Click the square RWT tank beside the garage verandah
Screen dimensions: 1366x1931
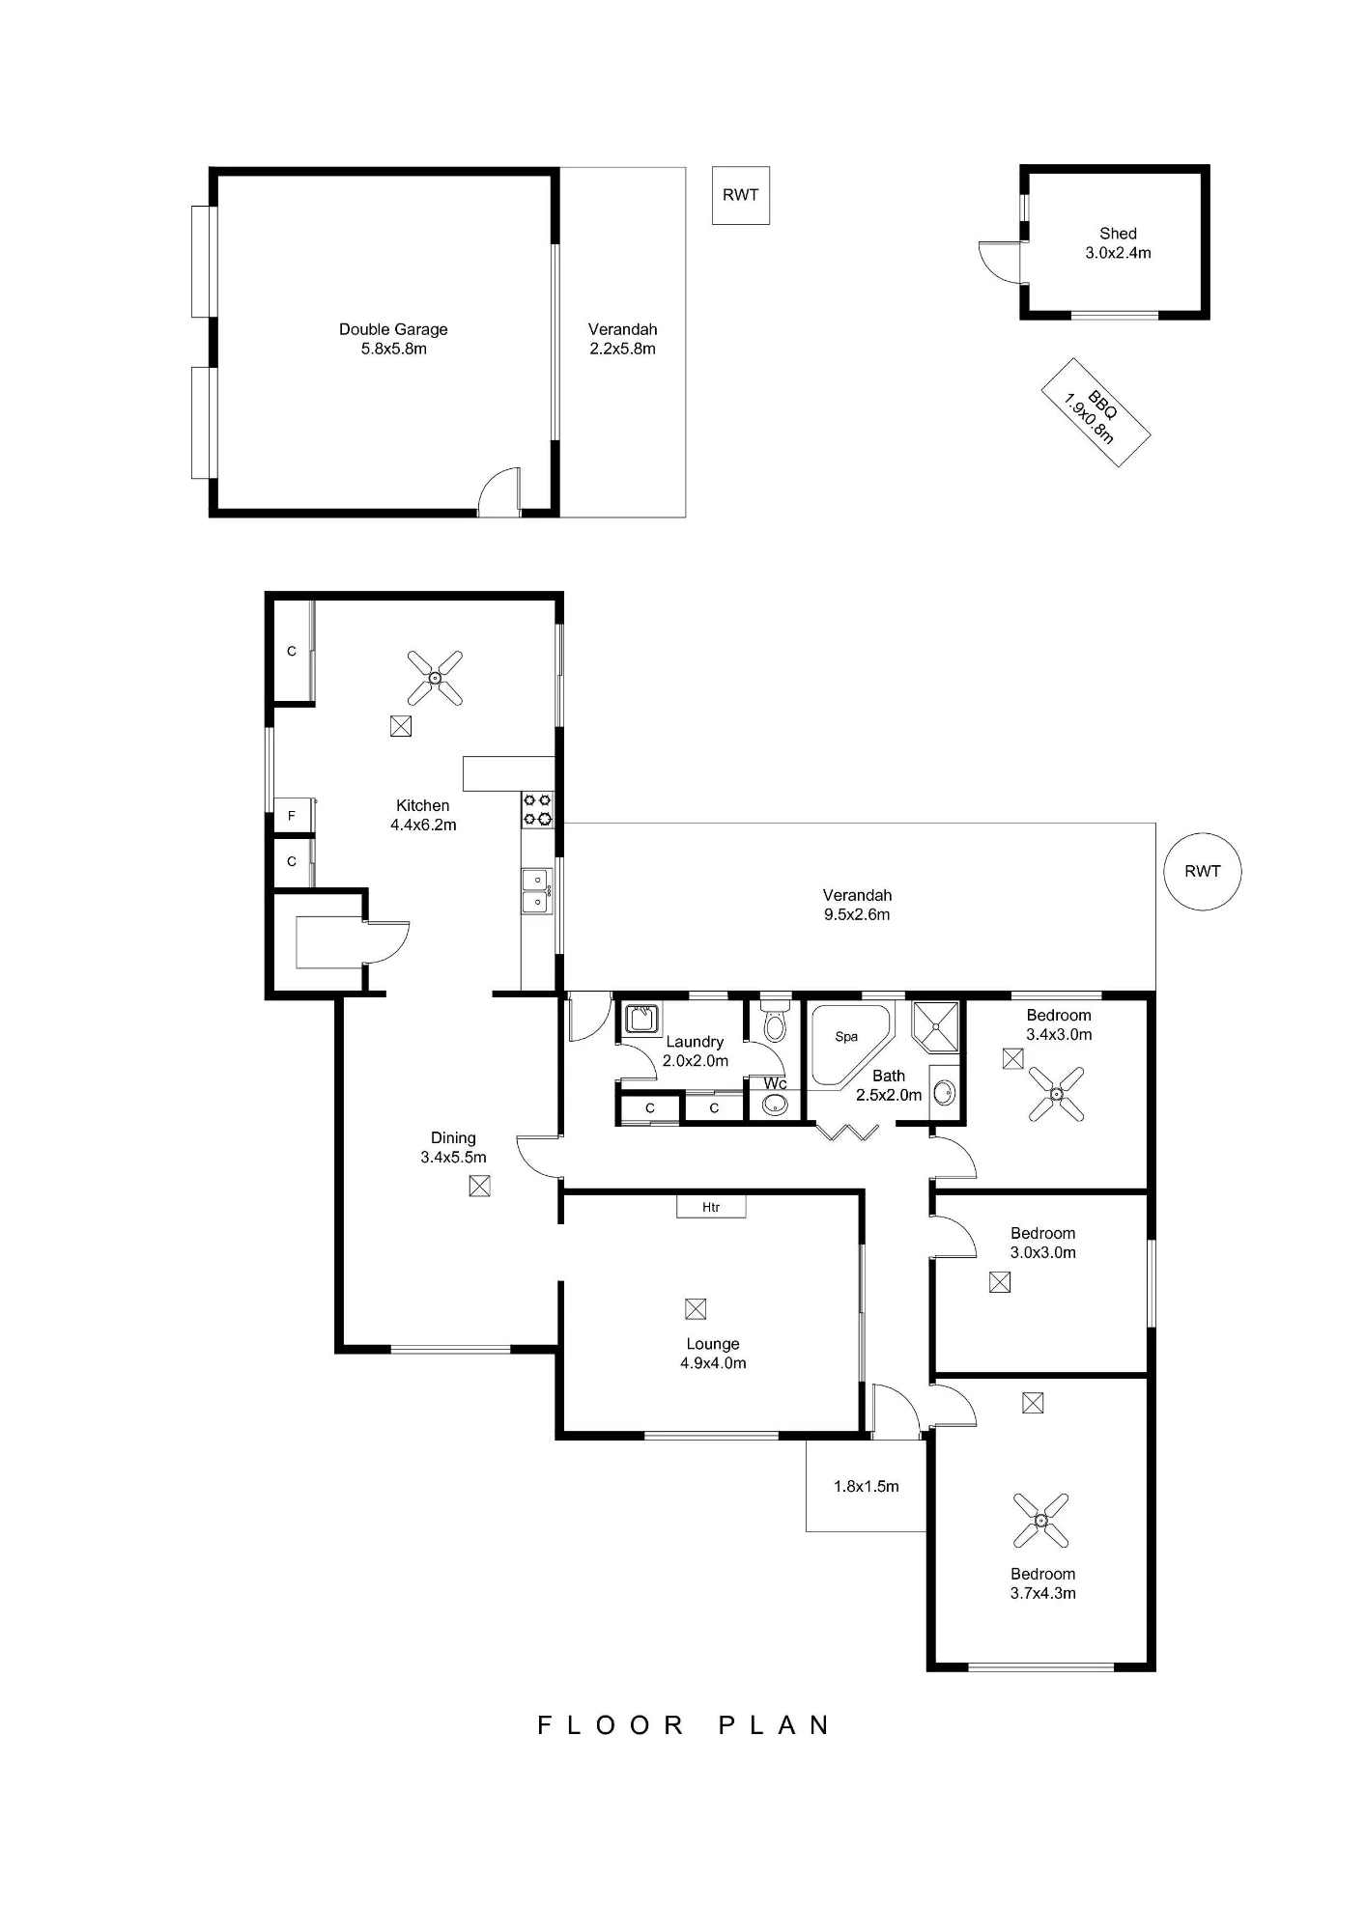(x=741, y=196)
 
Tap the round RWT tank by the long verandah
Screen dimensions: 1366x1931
(x=1202, y=871)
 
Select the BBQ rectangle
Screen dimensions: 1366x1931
(x=1096, y=412)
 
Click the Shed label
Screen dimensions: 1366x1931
(x=1118, y=234)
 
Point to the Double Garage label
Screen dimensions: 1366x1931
(x=393, y=329)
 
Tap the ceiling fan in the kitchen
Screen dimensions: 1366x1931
(x=435, y=678)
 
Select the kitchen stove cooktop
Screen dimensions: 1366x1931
(x=538, y=809)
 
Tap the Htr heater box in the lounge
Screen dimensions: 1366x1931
(x=711, y=1207)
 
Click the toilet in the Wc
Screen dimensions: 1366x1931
(x=775, y=1022)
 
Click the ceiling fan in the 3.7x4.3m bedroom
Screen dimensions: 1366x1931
(x=1041, y=1521)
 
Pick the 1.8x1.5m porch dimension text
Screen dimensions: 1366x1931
(x=867, y=1487)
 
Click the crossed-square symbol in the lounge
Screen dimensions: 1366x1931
(x=696, y=1309)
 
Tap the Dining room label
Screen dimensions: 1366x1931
(x=453, y=1138)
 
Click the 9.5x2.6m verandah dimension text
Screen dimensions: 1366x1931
(x=857, y=914)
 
